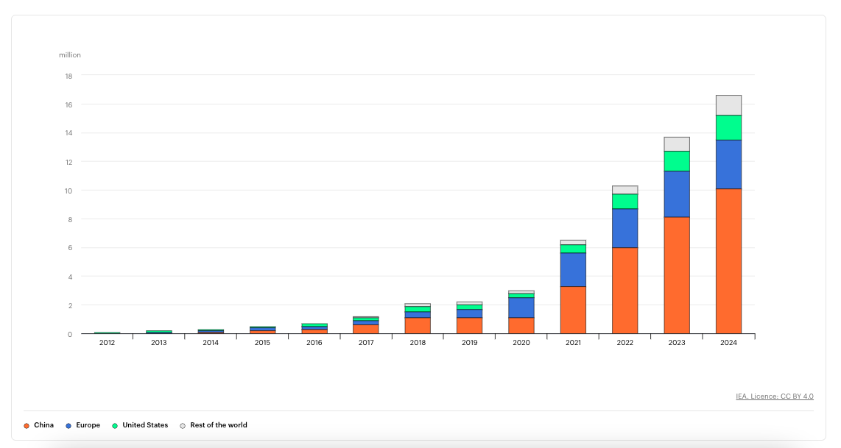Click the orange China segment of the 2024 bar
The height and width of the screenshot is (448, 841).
(x=728, y=261)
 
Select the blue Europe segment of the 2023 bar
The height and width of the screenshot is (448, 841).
(x=677, y=194)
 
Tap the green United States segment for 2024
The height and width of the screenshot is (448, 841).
(x=728, y=127)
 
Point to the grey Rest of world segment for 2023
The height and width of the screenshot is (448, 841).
(x=677, y=144)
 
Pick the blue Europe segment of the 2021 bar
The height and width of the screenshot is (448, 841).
(x=573, y=269)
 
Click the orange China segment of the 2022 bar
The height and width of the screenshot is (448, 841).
(x=624, y=291)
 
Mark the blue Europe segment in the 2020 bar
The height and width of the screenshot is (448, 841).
(x=521, y=307)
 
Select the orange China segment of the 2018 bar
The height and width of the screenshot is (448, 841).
(x=418, y=326)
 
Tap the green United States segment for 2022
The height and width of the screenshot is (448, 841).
(x=624, y=202)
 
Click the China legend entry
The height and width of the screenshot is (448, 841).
(x=38, y=425)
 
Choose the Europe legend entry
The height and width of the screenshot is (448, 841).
(x=82, y=425)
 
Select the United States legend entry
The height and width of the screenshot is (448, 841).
(x=139, y=425)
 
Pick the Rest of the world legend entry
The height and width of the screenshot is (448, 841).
(x=213, y=425)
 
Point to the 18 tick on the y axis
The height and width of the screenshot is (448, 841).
(x=68, y=76)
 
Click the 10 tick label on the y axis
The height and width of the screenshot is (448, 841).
(x=68, y=191)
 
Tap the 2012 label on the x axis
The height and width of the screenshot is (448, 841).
(x=107, y=342)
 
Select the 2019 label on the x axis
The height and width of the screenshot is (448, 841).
(x=469, y=342)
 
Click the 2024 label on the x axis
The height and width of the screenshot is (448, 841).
(x=728, y=342)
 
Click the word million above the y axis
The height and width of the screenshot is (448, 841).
(x=70, y=54)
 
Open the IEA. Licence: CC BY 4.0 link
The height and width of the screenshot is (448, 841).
(x=775, y=397)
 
